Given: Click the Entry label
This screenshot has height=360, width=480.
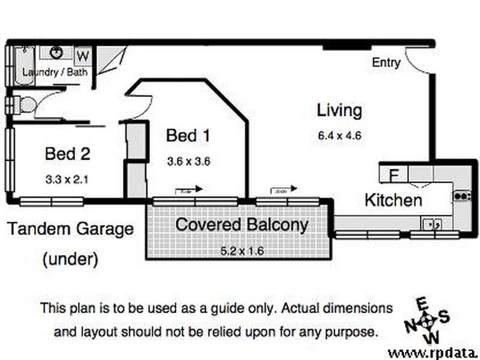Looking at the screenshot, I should coord(386,62).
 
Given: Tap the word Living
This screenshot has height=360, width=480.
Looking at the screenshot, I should coord(340,110).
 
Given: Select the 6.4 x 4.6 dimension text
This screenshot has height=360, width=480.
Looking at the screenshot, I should coord(340,136).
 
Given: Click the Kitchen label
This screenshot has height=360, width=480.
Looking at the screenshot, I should coord(393,200).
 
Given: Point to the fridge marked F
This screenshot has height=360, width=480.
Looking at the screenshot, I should coord(394,175).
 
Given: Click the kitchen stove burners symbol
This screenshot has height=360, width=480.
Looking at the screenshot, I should coord(462,196).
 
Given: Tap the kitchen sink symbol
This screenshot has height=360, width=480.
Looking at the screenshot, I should coord(432,224).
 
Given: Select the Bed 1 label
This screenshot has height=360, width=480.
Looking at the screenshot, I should coord(188,136).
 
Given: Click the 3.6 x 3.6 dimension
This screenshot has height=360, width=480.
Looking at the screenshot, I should coord(188,161).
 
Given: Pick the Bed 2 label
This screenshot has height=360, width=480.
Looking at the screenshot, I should coord(67,154).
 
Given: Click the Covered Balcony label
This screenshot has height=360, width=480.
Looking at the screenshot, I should coord(241,225).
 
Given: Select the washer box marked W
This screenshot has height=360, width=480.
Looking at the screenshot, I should coord(83,56).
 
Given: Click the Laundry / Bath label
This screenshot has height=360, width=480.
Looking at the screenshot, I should coord(55,72).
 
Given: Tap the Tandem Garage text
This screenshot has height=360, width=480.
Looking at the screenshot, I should coord(70,229).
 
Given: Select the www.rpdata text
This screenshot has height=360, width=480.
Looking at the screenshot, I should coord(433,352).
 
